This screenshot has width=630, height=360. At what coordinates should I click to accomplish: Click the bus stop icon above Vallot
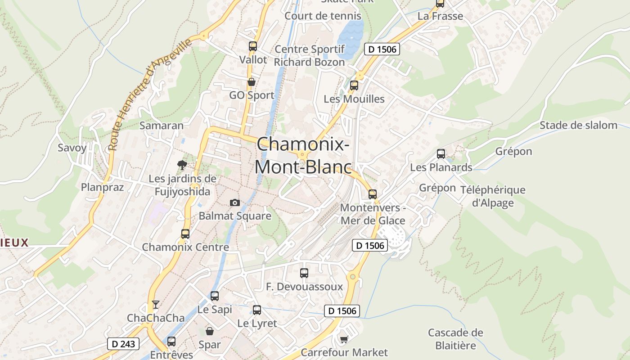pos(252,46)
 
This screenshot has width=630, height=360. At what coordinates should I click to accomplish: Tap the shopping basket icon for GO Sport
pos(251,82)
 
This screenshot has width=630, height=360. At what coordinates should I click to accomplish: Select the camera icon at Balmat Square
pos(234,202)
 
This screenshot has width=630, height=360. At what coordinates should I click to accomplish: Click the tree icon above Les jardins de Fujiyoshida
pos(182,165)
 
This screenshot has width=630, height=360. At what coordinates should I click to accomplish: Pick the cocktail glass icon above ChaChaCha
pos(155,305)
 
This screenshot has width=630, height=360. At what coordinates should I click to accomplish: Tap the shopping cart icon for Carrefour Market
pos(344,339)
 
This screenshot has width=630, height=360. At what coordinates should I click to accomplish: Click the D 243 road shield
pos(123,344)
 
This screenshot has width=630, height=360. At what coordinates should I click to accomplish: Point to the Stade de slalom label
pos(578,125)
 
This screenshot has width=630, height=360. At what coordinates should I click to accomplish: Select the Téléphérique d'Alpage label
pos(493,196)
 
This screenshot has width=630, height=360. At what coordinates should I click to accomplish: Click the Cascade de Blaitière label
pos(455,339)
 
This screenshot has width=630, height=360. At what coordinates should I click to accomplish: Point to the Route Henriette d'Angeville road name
pos(149,94)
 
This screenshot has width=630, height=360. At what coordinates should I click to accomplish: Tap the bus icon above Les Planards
pos(441,154)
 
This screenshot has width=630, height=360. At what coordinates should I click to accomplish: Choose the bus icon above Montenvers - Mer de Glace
pos(372,194)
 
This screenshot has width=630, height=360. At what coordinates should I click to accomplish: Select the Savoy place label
pos(72,148)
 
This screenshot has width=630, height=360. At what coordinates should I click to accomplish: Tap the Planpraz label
pos(102,187)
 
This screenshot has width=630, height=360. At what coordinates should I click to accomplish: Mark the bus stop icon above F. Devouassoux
pos(304,273)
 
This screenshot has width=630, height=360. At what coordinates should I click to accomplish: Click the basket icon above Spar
pos(210,332)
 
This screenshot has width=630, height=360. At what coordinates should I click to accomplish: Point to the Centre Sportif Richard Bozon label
pos(310,55)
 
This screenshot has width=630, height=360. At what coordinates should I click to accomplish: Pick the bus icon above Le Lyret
pos(256,310)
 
